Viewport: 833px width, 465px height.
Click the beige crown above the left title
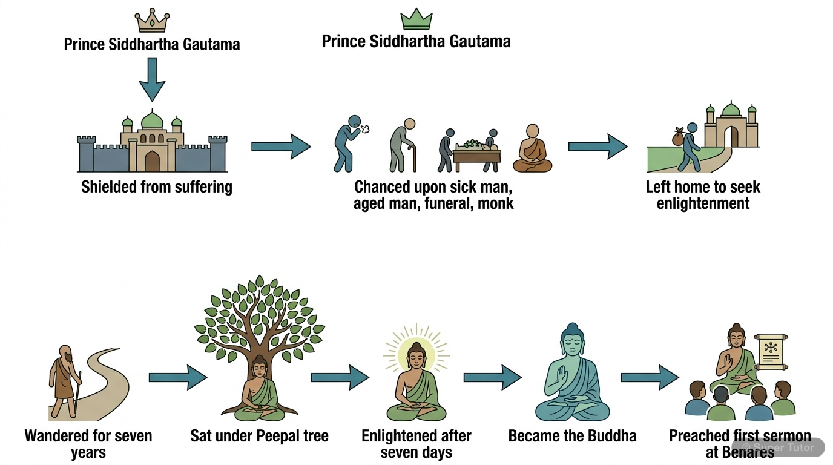pyautogui.click(x=151, y=21)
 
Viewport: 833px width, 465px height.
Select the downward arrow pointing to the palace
pyautogui.click(x=151, y=79)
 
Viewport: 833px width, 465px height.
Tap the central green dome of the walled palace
pyautogui.click(x=152, y=119)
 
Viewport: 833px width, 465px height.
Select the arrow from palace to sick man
pyautogui.click(x=281, y=147)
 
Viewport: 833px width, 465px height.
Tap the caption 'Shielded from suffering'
pyautogui.click(x=156, y=186)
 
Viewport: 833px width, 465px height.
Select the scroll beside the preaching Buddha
pyautogui.click(x=773, y=352)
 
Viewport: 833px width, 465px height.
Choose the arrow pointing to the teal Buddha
pyautogui.click(x=492, y=377)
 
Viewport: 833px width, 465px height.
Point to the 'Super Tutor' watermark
pyautogui.click(x=780, y=448)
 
